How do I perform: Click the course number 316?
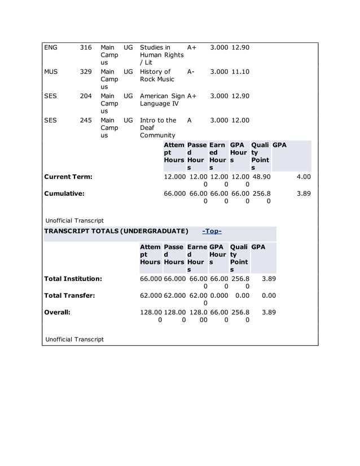85,47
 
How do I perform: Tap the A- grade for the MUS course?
191,72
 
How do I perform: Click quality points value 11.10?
240,72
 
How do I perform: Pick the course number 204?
85,96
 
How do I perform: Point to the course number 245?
85,120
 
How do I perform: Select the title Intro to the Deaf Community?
158,128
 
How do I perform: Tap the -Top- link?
212,231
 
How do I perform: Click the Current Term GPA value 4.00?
304,177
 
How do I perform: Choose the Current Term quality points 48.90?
261,177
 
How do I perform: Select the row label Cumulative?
64,194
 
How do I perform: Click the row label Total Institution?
73,279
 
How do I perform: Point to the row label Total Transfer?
69,295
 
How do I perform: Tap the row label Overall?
57,312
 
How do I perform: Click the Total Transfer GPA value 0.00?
269,295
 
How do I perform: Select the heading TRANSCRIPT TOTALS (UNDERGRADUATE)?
116,231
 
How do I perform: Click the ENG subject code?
51,47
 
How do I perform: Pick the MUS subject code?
51,72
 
